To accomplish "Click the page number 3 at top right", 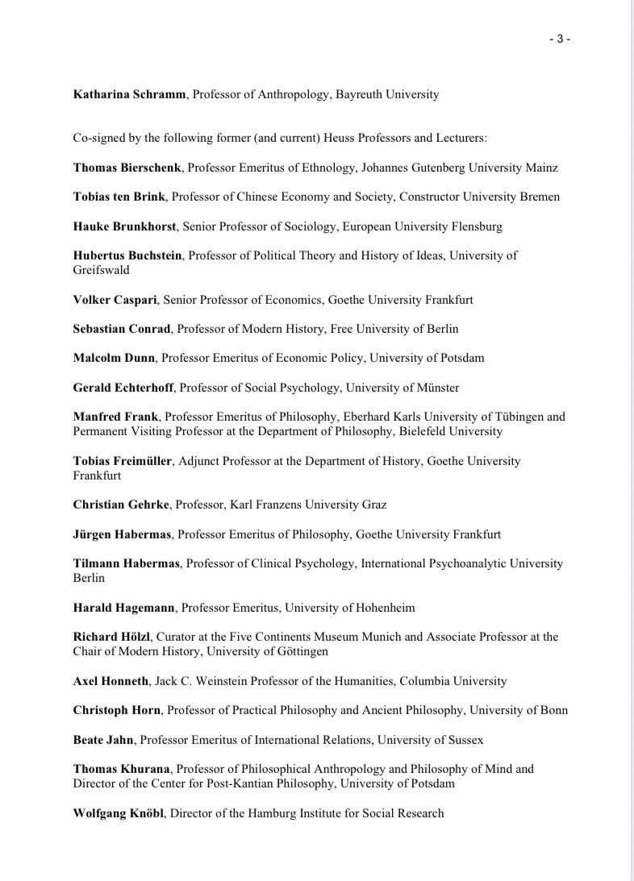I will click(559, 39).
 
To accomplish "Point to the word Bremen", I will click(540, 197).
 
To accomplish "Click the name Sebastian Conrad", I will click(122, 329).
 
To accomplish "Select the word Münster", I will click(437, 388).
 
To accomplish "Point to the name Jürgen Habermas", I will click(122, 534).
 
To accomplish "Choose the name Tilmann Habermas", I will click(126, 563).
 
